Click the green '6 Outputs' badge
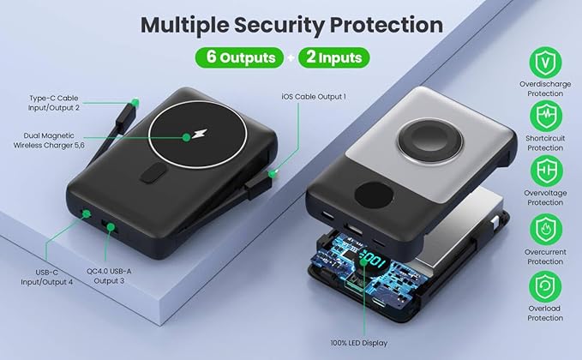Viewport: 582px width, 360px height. [x=239, y=57]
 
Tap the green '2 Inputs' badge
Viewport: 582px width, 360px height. [x=333, y=57]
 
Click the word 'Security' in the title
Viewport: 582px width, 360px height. [x=279, y=25]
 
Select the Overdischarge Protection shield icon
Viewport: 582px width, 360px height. [x=545, y=63]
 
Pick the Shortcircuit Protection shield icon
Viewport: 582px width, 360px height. [x=545, y=117]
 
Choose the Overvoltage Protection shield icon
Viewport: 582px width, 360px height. [x=546, y=171]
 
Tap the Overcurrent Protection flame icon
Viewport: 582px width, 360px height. [x=546, y=230]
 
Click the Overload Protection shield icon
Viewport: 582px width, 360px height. [x=545, y=286]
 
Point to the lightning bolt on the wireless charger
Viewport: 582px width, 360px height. [x=200, y=134]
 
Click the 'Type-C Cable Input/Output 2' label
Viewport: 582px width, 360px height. [x=54, y=103]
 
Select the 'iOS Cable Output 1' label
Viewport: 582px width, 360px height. [x=314, y=97]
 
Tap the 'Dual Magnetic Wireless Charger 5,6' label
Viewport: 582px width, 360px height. [x=49, y=141]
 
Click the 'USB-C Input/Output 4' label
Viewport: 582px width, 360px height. [x=47, y=277]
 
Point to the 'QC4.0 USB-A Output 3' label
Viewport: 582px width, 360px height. [x=109, y=276]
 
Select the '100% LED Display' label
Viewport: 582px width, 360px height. [x=359, y=344]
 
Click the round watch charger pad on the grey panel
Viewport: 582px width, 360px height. [x=430, y=140]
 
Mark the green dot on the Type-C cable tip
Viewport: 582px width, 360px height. [x=135, y=103]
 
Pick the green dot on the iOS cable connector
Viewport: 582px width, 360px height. [x=273, y=173]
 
